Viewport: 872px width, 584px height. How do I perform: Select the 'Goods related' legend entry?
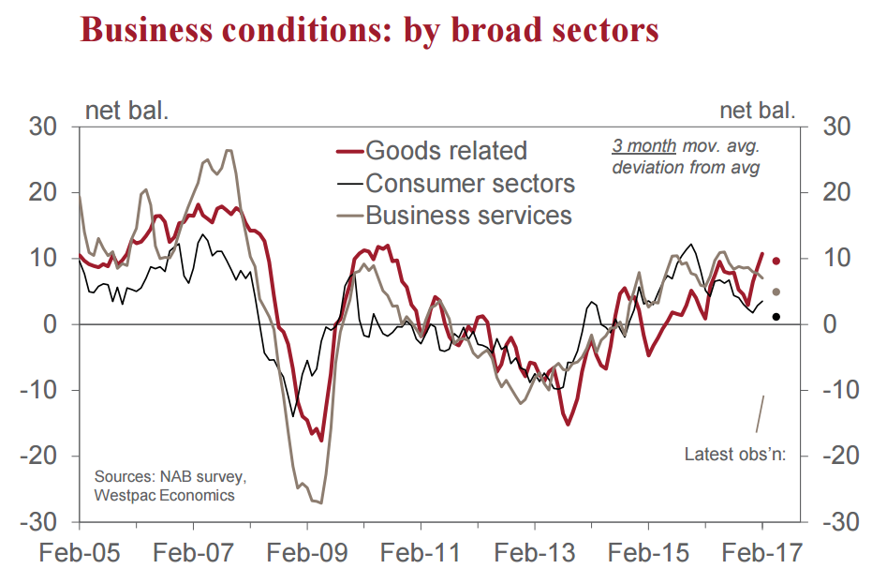[446, 150]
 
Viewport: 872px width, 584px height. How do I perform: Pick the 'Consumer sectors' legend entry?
[470, 182]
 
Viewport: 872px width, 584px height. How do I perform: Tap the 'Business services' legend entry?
[468, 215]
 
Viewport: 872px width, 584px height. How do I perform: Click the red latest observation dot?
[776, 261]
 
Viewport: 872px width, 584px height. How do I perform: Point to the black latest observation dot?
[776, 317]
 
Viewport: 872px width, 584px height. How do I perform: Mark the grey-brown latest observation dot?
[776, 292]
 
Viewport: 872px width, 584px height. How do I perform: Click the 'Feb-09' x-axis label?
[306, 552]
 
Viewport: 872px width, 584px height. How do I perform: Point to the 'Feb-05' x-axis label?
[79, 552]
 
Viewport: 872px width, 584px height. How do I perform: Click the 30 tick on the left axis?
[46, 127]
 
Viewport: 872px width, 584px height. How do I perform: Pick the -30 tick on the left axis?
[43, 521]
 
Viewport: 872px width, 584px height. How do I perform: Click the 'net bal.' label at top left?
[127, 111]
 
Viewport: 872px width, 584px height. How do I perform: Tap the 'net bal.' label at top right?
[758, 111]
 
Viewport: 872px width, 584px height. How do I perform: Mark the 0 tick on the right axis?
[828, 324]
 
